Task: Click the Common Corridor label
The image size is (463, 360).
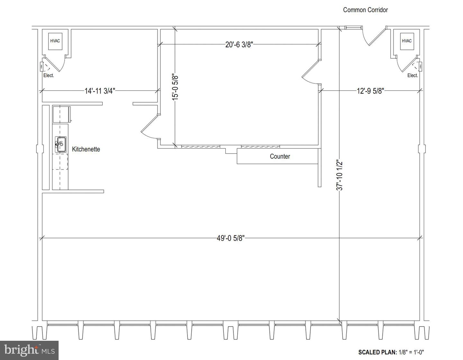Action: coord(365,10)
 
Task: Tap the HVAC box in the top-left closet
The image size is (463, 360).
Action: coord(55,41)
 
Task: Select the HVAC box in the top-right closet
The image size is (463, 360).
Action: coord(406,41)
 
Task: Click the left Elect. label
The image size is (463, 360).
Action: coord(49,75)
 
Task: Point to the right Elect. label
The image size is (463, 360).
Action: coord(413,75)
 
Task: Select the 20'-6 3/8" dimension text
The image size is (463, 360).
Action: coord(239,45)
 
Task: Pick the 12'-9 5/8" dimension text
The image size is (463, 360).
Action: coord(370,91)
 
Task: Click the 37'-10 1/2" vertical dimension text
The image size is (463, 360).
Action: coord(340,175)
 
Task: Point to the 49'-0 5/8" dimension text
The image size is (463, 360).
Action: coord(231,238)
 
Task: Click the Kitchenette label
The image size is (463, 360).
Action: coord(86,149)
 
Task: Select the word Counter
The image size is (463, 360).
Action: coord(280,156)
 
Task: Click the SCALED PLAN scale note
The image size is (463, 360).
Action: coord(393,352)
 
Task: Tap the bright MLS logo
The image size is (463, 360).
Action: coord(29,350)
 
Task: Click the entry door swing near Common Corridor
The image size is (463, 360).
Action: coord(373,37)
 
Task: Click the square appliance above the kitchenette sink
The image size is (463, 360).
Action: coord(61,114)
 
